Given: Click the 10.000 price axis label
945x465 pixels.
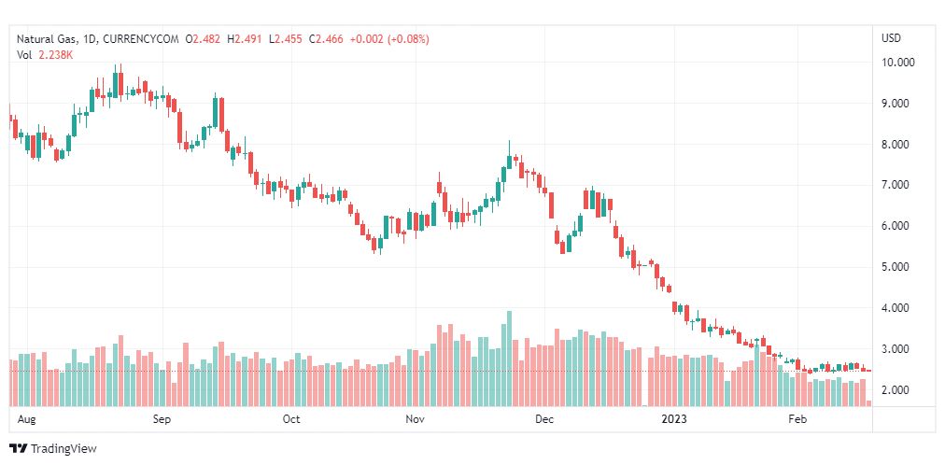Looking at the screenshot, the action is tap(898, 63).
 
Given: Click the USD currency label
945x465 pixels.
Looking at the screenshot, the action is tap(892, 38).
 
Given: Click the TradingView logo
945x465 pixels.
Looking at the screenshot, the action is tap(53, 449).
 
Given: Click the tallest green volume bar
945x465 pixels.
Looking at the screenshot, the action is tap(509, 359).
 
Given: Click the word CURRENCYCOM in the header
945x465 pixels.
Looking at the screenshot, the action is tap(141, 40).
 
